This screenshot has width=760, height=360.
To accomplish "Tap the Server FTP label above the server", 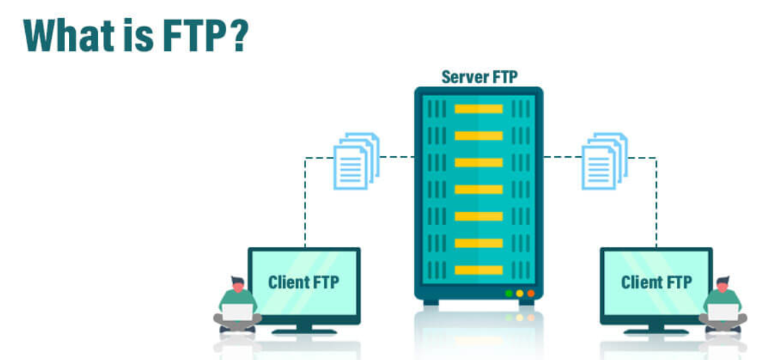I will [479, 76].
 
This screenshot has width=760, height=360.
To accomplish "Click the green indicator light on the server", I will [508, 294].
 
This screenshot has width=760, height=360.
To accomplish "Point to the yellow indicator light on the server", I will [519, 294].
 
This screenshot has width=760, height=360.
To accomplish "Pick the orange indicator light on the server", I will [531, 294].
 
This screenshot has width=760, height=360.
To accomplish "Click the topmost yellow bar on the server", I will [478, 109].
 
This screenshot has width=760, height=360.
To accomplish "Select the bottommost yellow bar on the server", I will [478, 269].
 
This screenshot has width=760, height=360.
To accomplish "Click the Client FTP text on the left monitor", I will [303, 282].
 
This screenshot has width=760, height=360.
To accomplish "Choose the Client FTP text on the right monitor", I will [656, 282].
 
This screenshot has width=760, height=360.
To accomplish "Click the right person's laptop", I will [722, 312].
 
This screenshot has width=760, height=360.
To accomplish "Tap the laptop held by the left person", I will [237, 312].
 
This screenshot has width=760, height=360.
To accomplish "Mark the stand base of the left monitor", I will [304, 331].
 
